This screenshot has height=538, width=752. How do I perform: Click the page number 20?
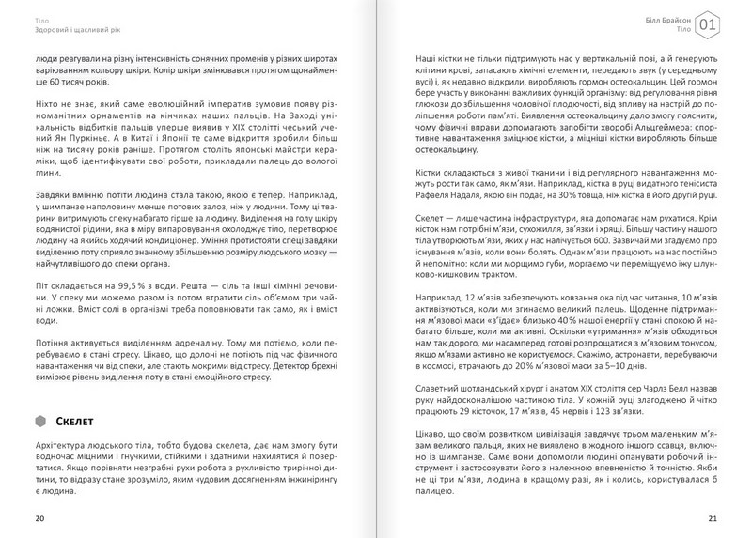(38, 517)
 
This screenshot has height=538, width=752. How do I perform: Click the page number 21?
(713, 517)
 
